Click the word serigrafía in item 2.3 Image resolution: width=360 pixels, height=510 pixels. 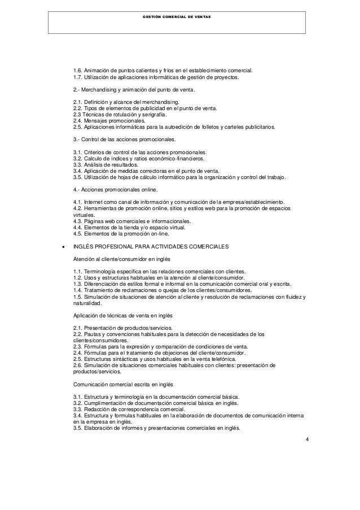point(161,114)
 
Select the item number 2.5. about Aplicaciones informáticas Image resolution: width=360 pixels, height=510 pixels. point(80,128)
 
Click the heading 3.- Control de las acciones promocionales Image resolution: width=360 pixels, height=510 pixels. point(125,140)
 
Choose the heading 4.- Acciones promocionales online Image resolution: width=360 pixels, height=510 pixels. point(116,189)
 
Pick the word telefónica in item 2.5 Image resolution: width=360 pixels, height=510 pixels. point(222,358)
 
